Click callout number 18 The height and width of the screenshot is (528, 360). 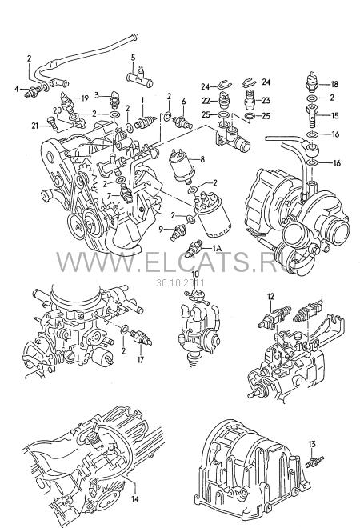(x=334, y=84)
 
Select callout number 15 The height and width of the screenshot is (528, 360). (x=334, y=116)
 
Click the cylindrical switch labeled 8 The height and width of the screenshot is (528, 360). (x=182, y=164)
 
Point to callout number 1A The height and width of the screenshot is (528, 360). (x=218, y=249)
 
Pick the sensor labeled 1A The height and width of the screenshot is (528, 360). (x=194, y=249)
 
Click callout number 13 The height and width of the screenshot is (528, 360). (x=312, y=444)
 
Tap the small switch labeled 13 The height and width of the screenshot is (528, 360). (x=314, y=462)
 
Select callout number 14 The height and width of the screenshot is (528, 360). (x=134, y=498)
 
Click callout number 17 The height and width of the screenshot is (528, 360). (x=140, y=360)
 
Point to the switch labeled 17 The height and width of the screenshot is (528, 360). (x=141, y=337)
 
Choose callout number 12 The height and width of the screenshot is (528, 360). (x=271, y=297)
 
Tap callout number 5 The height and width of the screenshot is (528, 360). (x=133, y=58)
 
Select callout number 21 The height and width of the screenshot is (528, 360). (x=35, y=126)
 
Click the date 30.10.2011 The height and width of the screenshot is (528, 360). (x=180, y=283)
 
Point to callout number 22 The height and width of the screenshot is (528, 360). (x=206, y=101)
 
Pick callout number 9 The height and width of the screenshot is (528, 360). (x=161, y=230)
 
